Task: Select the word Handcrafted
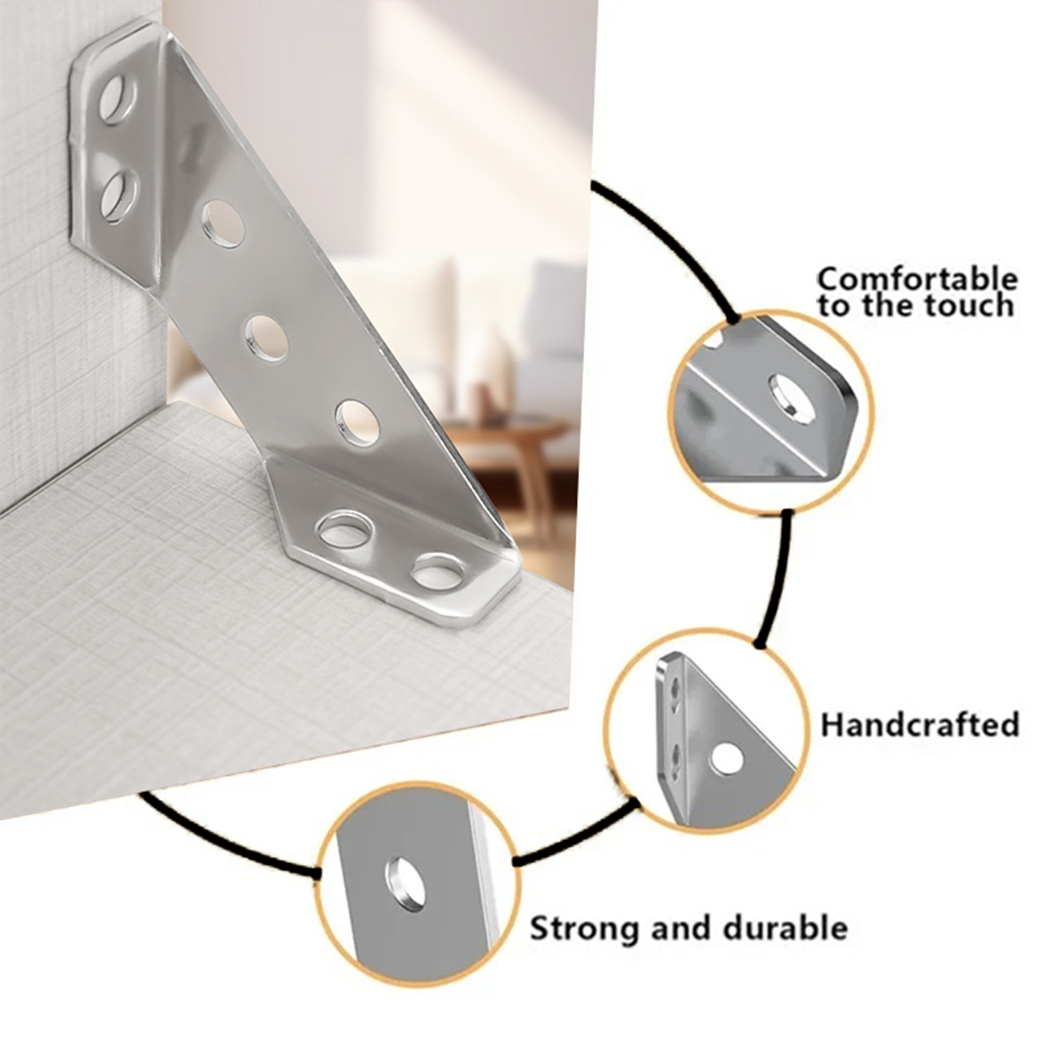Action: (920, 725)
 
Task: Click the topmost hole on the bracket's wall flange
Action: (117, 99)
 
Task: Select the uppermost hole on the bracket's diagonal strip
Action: (223, 224)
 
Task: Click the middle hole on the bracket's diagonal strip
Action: (267, 338)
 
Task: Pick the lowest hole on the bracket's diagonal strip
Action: (357, 423)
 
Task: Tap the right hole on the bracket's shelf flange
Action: (438, 571)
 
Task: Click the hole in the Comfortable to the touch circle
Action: (791, 399)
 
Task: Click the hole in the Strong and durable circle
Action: (406, 883)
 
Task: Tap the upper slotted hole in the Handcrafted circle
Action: (675, 692)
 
